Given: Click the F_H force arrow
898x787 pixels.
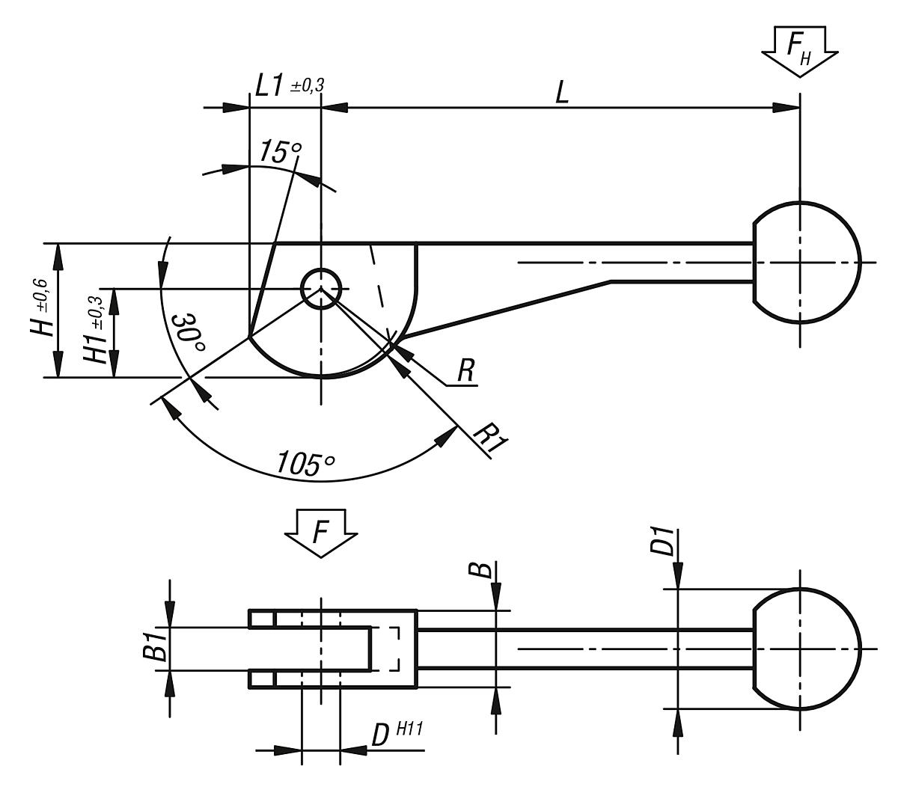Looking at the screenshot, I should click(799, 51).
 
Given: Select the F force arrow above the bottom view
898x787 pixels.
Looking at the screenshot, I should click(321, 533).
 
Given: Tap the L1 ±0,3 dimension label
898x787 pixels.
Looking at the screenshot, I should click(289, 86).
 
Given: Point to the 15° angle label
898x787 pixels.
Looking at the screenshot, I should click(279, 152).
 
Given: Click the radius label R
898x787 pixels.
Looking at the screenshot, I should click(465, 372).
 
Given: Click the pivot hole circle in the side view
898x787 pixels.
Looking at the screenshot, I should click(321, 288).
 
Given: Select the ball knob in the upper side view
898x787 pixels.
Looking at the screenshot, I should click(805, 263).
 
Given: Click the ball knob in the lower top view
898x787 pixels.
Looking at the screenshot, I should click(805, 649).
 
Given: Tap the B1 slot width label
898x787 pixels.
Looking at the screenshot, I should click(155, 649).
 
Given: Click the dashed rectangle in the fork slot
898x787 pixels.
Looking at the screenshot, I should click(385, 649).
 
